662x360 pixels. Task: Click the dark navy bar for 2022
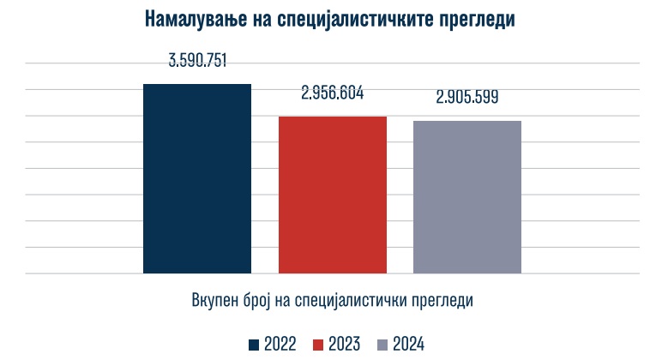tap(197, 179)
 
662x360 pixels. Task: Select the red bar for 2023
tap(332, 195)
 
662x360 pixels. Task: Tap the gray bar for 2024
tap(466, 197)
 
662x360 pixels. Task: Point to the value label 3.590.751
tap(197, 62)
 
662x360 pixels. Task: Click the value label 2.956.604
tap(332, 93)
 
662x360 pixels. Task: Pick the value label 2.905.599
tap(466, 98)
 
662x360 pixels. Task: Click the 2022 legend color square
tap(254, 345)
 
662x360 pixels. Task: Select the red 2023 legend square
tap(320, 345)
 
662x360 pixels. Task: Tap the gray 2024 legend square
tap(382, 345)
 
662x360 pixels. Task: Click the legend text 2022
tap(280, 345)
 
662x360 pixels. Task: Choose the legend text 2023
tap(346, 345)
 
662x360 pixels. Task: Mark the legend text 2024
tap(409, 345)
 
